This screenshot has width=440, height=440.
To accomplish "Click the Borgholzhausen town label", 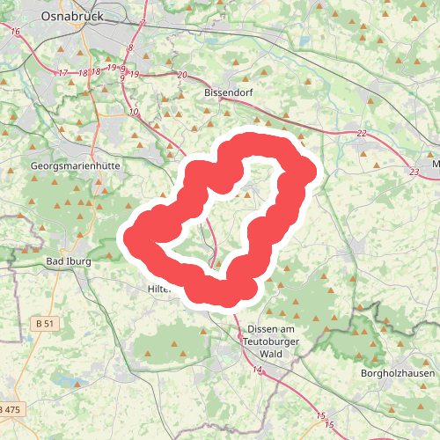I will click(x=399, y=373).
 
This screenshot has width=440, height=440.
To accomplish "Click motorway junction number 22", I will click(x=362, y=134).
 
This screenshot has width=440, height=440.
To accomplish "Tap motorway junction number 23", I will click(x=414, y=172).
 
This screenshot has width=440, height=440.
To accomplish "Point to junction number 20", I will click(x=182, y=75).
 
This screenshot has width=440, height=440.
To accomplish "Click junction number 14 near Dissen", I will click(x=258, y=370).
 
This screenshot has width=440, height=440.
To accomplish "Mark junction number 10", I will click(x=134, y=112).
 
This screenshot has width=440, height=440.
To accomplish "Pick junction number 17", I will click(x=62, y=72).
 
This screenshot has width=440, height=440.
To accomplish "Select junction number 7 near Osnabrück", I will click(x=143, y=21).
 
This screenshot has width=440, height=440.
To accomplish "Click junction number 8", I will click(x=130, y=48).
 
